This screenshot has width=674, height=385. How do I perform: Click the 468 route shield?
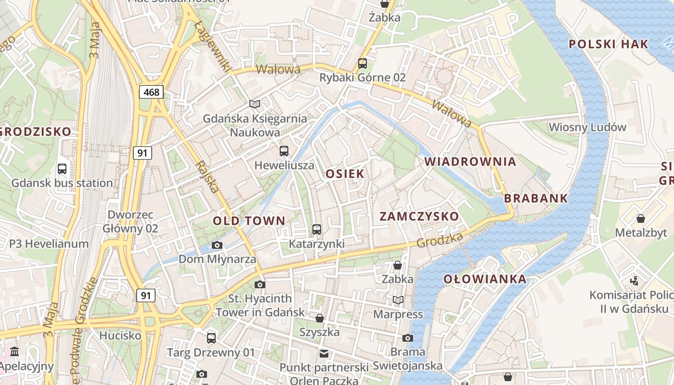tap(151, 92)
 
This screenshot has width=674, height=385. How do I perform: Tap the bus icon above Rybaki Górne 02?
tap(363, 63)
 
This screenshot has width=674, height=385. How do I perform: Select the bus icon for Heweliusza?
tap(284, 151)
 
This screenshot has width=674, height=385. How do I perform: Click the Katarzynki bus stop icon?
tap(316, 230)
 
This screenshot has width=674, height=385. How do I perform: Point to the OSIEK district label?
tap(345, 174)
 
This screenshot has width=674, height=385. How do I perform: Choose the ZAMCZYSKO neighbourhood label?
tap(419, 216)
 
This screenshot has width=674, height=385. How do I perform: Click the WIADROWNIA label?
tap(470, 162)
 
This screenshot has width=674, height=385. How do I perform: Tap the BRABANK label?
tap(536, 198)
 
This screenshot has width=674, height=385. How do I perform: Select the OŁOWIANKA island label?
tap(485, 279)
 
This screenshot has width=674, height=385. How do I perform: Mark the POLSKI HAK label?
tap(609, 44)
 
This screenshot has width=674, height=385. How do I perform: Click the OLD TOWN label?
tap(249, 221)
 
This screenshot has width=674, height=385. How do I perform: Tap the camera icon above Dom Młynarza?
tap(217, 245)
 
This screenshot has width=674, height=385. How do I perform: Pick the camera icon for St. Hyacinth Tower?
tap(260, 284)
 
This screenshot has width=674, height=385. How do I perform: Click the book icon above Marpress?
tap(398, 300)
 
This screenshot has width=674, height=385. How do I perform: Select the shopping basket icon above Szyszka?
tap(319, 318)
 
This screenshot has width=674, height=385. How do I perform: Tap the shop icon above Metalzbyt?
tap(641, 218)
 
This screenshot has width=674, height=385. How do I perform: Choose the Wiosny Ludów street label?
tap(587, 127)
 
